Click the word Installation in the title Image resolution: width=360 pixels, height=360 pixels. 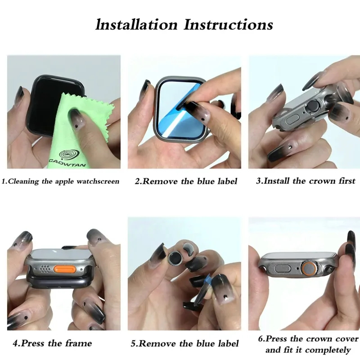(x=137, y=25)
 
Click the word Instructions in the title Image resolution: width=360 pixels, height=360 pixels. (x=229, y=25)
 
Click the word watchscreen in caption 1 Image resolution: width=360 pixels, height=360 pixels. (x=98, y=181)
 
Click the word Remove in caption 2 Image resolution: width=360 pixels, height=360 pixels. (x=161, y=181)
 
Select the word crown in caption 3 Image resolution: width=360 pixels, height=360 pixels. (x=322, y=181)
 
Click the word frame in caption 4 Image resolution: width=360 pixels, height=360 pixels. (x=78, y=343)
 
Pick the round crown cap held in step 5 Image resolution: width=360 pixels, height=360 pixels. (x=175, y=258)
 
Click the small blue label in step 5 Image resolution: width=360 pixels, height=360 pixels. (x=207, y=279)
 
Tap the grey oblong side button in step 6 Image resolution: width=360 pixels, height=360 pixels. (x=283, y=268)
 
